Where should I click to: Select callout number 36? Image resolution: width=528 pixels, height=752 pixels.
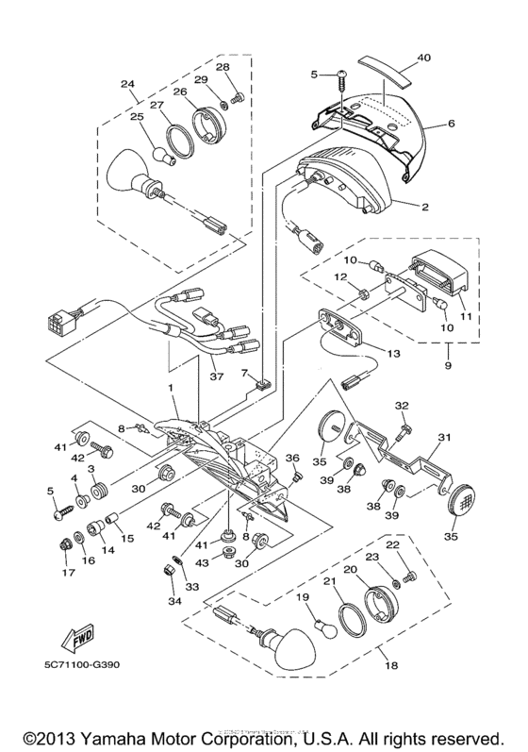pyautogui.click(x=292, y=459)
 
